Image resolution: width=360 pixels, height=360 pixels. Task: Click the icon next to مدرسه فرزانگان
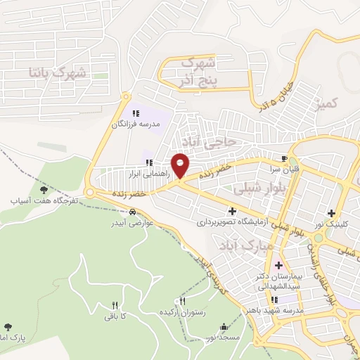coord(136,112)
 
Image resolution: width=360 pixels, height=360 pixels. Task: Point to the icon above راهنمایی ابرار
coord(148,163)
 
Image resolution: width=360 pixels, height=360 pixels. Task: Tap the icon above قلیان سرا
coord(284,160)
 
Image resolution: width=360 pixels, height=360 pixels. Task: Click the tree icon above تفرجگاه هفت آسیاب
coord(44,189)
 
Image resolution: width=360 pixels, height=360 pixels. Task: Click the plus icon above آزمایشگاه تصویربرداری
coord(233,210)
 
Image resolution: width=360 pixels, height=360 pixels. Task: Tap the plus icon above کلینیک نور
coord(331,213)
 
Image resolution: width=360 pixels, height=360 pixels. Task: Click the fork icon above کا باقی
coord(114,305)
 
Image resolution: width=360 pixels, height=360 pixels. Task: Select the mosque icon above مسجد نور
coord(224,327)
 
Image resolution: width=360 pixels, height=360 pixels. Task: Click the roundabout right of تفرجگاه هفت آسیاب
coord(90,193)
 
